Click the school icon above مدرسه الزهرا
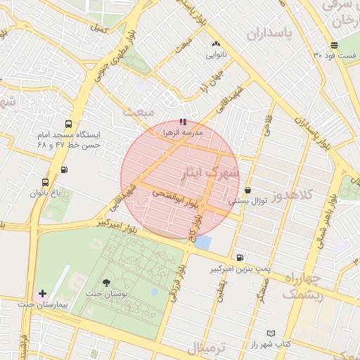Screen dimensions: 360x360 184,122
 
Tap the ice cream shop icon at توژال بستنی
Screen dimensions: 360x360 248,190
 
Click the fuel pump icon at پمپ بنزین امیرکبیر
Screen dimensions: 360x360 241,258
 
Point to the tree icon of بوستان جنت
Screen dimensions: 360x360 106,283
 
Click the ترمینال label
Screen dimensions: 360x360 208,349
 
